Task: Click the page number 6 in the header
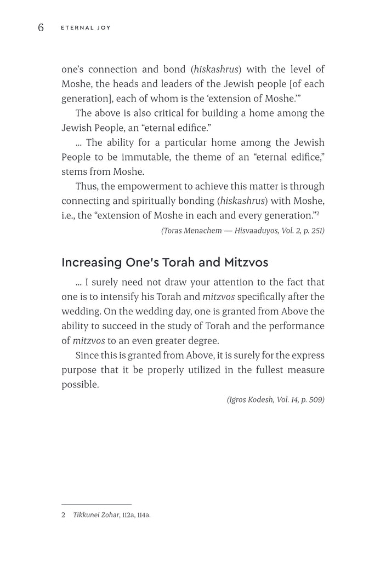tap(41, 27)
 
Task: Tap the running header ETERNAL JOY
tap(86, 28)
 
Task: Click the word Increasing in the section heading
tap(92, 262)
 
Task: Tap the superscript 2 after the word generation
tap(317, 213)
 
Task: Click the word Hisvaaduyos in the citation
tap(257, 231)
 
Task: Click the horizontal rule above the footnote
tap(96, 504)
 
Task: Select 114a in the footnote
tap(141, 515)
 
